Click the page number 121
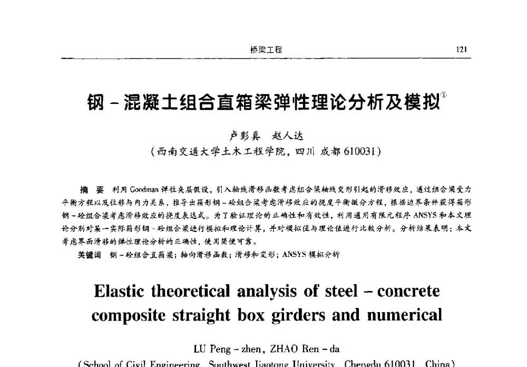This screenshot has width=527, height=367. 462,50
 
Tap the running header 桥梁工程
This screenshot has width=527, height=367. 266,50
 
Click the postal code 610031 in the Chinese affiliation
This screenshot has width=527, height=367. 358,152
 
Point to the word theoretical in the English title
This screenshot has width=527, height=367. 199,291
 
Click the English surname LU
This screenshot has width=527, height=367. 201,349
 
